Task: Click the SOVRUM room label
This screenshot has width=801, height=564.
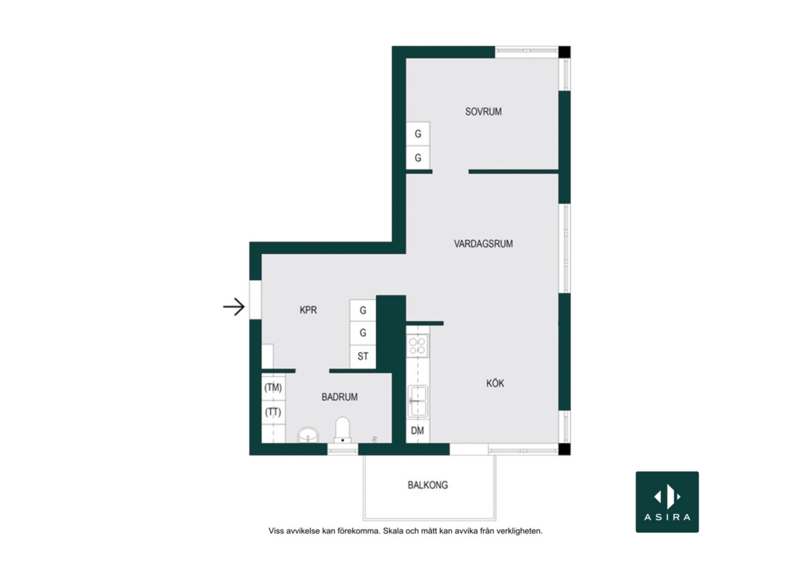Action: click(x=483, y=111)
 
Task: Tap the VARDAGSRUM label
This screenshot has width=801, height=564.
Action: click(x=483, y=244)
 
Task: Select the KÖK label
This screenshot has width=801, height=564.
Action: click(x=495, y=383)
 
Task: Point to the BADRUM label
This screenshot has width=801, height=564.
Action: click(x=339, y=397)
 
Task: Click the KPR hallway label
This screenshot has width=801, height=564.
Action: click(x=308, y=310)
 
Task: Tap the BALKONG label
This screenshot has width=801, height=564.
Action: click(x=428, y=485)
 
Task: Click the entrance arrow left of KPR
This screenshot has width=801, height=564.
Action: click(x=234, y=307)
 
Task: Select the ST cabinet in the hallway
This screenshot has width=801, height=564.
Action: click(x=363, y=356)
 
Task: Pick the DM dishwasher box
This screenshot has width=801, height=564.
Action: click(x=418, y=431)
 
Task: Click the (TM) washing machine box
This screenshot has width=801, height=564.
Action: click(x=273, y=387)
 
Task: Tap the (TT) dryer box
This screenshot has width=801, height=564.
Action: click(x=273, y=412)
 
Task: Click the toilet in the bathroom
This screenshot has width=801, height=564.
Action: click(x=342, y=431)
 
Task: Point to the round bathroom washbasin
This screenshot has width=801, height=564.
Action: click(x=308, y=436)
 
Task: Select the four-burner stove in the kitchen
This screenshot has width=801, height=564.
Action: click(x=417, y=345)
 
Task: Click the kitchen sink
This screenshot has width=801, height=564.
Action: click(x=417, y=401)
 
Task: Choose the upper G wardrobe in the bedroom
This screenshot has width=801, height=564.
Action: click(x=418, y=133)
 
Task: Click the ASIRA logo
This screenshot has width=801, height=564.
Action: click(x=667, y=502)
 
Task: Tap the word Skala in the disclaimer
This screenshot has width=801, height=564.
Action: click(x=393, y=531)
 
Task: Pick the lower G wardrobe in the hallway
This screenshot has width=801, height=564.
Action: click(x=363, y=332)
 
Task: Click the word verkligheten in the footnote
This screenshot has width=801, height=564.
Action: click(x=519, y=531)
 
